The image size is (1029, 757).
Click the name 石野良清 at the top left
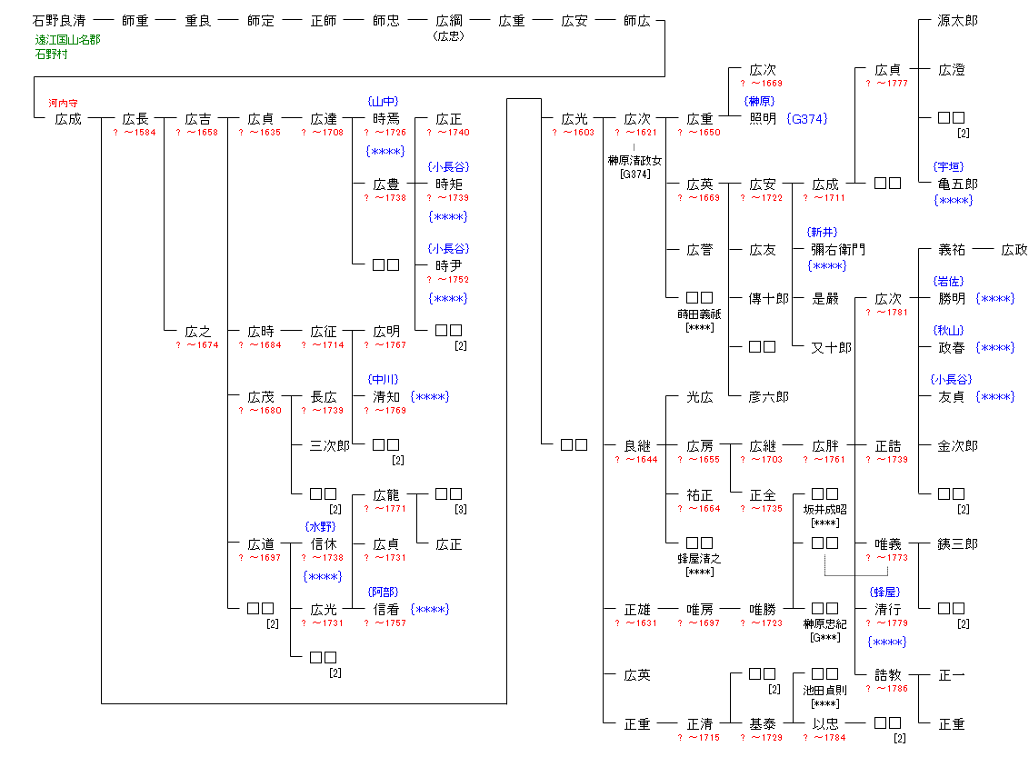point(58,21)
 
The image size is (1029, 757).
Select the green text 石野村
point(52,55)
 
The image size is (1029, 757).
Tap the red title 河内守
point(64,104)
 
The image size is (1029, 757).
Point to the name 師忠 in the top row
point(386,21)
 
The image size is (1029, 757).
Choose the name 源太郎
point(958,21)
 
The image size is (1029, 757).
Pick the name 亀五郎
point(958,184)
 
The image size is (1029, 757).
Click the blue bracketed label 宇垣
point(951,167)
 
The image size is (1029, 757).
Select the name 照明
point(763,119)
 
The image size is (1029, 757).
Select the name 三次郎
point(330,446)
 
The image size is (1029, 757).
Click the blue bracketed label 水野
point(324,527)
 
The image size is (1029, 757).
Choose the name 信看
point(386,610)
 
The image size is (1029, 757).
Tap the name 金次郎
point(958,446)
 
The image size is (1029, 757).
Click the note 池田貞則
point(824,691)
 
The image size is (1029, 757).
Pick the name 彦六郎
point(769,397)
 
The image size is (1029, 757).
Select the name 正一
point(951,675)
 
